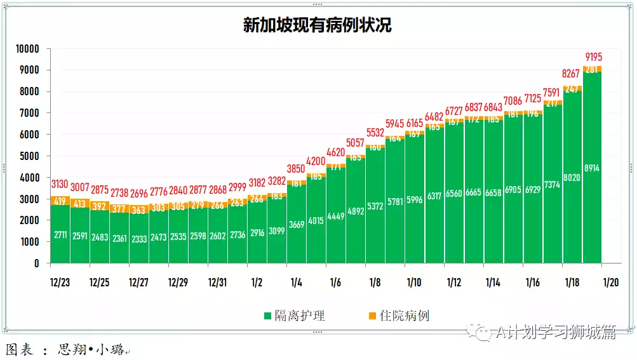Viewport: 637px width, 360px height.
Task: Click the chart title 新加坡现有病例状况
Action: pyautogui.click(x=317, y=25)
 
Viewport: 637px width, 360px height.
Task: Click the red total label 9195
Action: pyautogui.click(x=593, y=57)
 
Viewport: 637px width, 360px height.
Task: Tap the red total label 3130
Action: pyautogui.click(x=60, y=184)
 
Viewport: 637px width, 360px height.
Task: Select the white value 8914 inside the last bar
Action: pyautogui.click(x=593, y=168)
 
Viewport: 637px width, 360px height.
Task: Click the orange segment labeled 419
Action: pyautogui.click(x=60, y=201)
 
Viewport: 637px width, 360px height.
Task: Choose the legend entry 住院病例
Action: pyautogui.click(x=398, y=316)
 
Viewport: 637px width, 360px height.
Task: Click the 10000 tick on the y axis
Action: pyautogui.click(x=27, y=49)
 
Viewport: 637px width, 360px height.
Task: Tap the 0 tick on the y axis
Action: pyautogui.click(x=37, y=263)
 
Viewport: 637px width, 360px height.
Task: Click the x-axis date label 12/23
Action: pyautogui.click(x=60, y=283)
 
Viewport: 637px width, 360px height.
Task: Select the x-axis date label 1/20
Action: pyautogui.click(x=611, y=283)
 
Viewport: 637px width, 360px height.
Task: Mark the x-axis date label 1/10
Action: pyautogui.click(x=414, y=283)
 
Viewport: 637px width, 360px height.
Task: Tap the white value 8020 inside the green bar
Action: pyautogui.click(x=573, y=178)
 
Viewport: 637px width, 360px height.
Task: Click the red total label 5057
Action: pyautogui.click(x=356, y=143)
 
